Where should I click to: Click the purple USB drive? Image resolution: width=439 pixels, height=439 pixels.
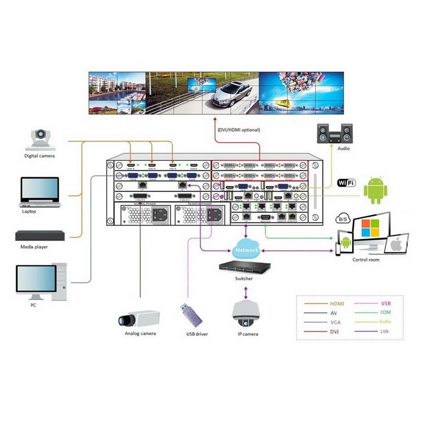click(x=189, y=316)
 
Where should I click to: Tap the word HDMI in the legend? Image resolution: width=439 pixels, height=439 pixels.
click(x=336, y=303)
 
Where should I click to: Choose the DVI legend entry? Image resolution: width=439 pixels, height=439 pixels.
click(x=334, y=331)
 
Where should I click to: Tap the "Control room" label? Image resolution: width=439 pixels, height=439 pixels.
click(x=366, y=260)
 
